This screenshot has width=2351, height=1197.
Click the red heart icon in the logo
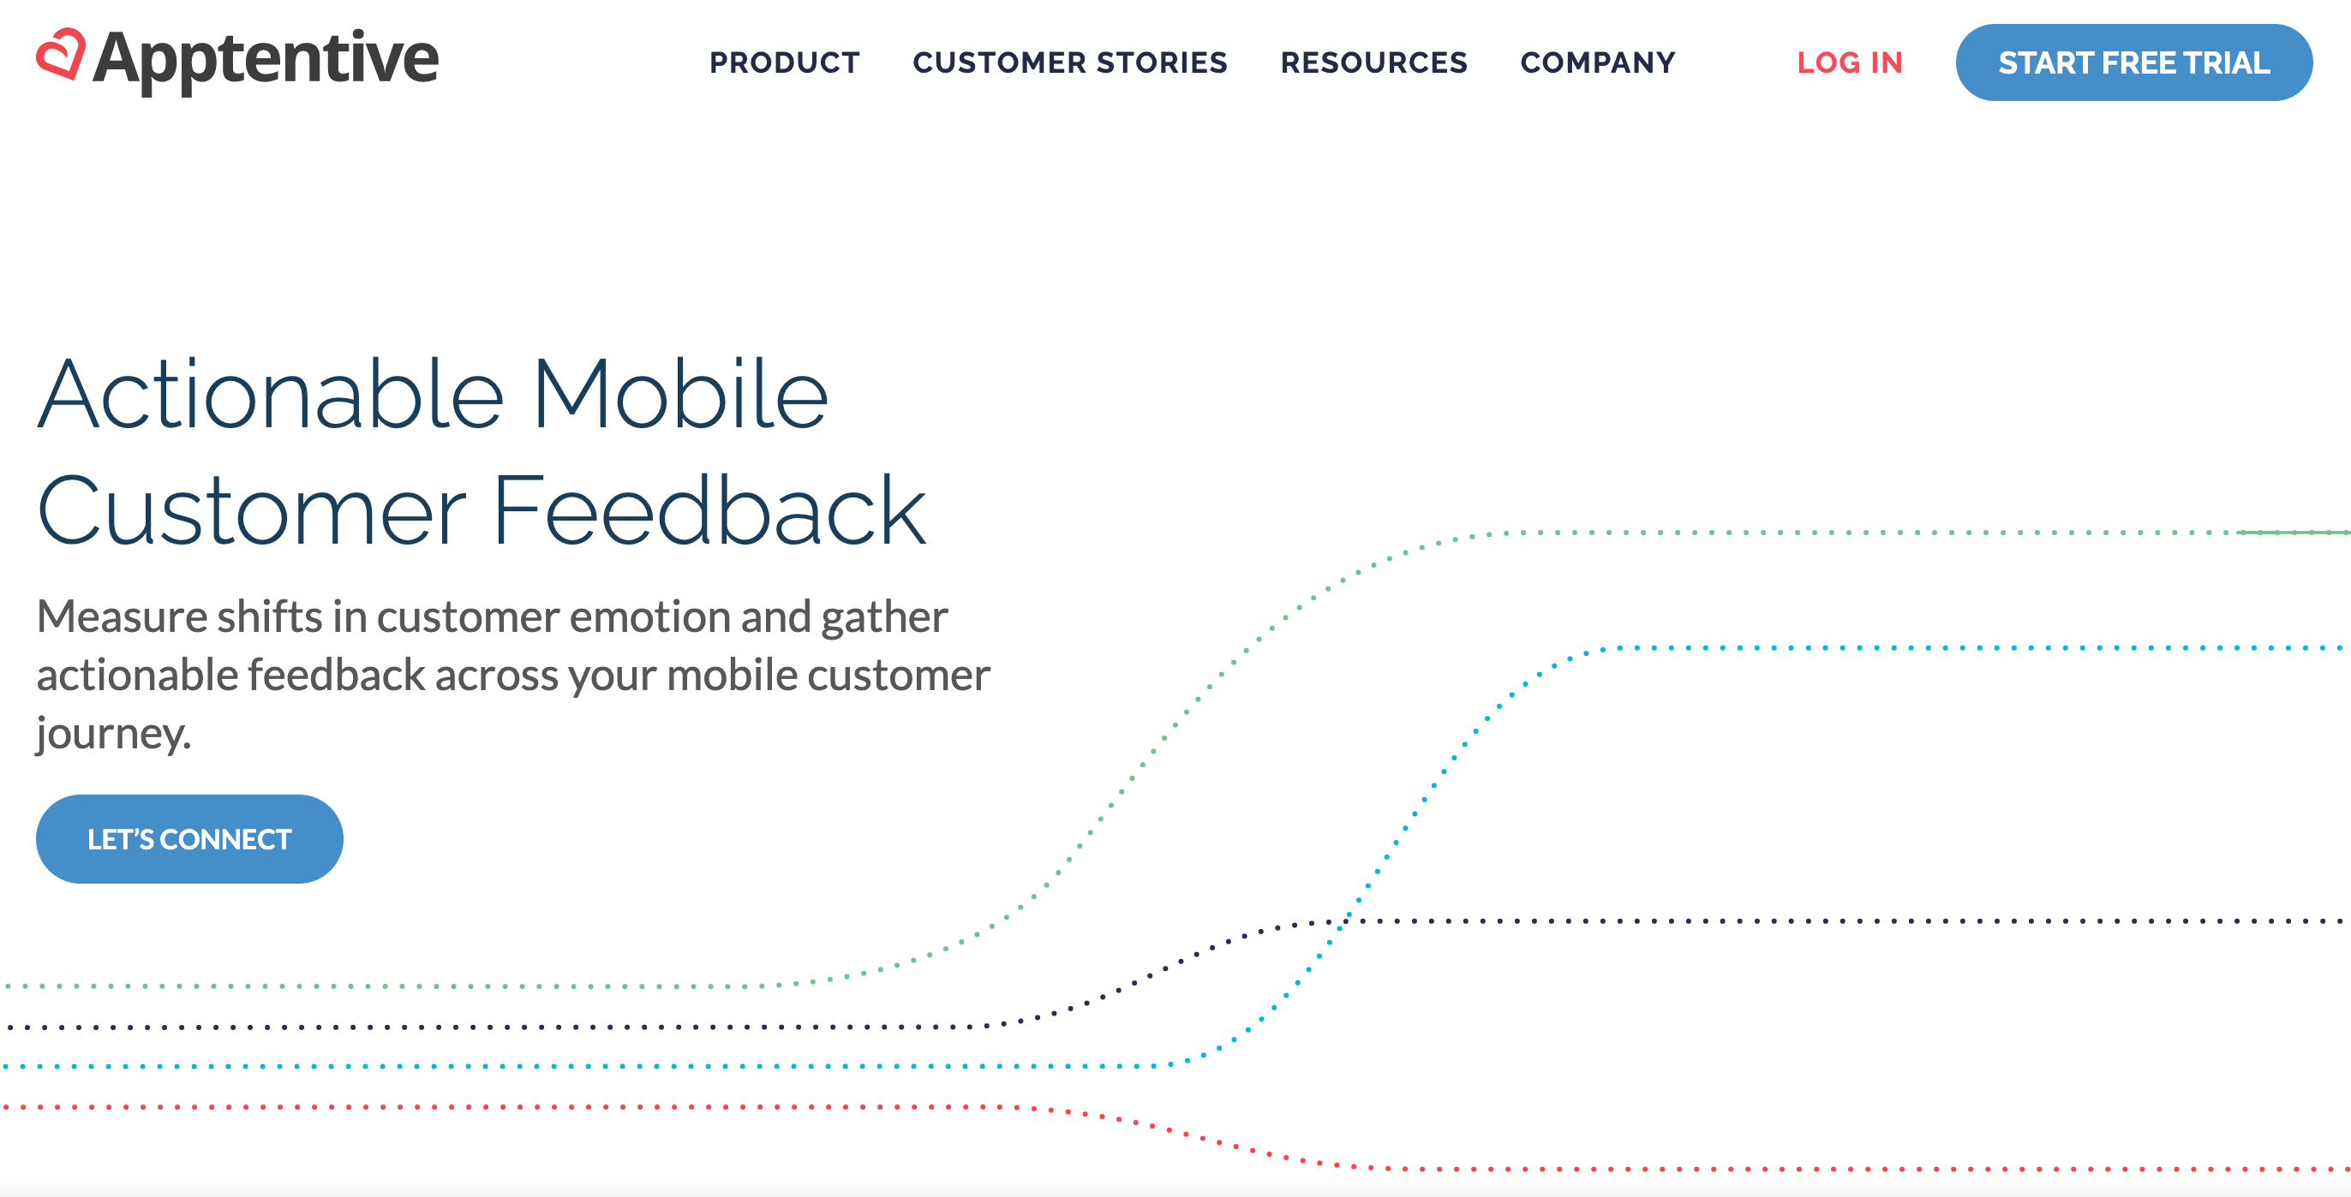click(x=60, y=54)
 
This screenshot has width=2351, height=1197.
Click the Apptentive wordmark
click(x=266, y=59)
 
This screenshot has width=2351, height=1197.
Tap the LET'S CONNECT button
click(x=188, y=838)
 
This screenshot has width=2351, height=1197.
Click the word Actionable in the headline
click(x=270, y=395)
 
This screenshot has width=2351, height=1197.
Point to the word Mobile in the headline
click(x=679, y=395)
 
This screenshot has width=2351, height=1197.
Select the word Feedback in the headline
click(x=709, y=511)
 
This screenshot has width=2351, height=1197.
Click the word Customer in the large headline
click(x=251, y=511)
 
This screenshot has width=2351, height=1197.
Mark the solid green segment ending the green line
click(x=2293, y=532)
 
